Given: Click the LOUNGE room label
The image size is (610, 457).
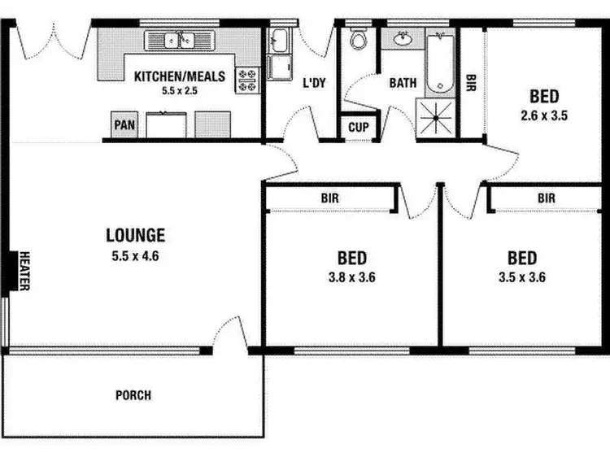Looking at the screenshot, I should point(135,236).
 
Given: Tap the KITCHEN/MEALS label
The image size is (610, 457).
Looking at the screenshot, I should point(168,76).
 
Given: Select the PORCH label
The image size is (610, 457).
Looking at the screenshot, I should point(133,396).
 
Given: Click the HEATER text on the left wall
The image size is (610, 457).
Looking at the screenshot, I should point(24,271).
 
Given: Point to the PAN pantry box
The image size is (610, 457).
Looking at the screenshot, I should point(124,125).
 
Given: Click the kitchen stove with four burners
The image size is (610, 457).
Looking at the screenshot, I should point(246,79).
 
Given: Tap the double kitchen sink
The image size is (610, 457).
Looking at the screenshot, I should point(178,40).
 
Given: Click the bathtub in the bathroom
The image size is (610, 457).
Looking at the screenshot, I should point(440,62).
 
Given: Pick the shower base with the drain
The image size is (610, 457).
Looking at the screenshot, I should point(437,119).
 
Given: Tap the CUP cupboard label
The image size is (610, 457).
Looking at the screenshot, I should point(358,127).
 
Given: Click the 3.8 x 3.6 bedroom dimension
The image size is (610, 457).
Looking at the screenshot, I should point(352,276).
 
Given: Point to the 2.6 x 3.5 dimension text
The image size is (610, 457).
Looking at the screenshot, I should point(544,115).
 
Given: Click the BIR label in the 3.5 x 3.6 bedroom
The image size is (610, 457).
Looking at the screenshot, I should point(546,198).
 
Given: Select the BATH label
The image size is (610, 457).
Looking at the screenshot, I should point(403,82).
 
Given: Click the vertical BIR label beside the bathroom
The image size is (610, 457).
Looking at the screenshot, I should point(471,82).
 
